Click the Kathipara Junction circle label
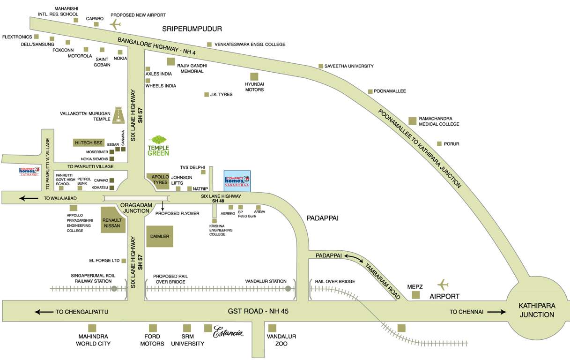click(537, 310)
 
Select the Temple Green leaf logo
click(158, 145)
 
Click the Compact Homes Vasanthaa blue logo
click(237, 180)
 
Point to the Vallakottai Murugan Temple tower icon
click(118, 112)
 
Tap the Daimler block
click(160, 236)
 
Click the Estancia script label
click(228, 333)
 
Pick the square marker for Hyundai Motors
click(254, 76)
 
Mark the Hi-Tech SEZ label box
click(88, 142)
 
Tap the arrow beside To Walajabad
click(29, 198)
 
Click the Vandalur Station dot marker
click(288, 289)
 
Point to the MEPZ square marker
click(415, 295)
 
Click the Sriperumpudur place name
click(192, 29)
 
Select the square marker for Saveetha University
click(321, 66)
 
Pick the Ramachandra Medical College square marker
click(412, 120)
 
